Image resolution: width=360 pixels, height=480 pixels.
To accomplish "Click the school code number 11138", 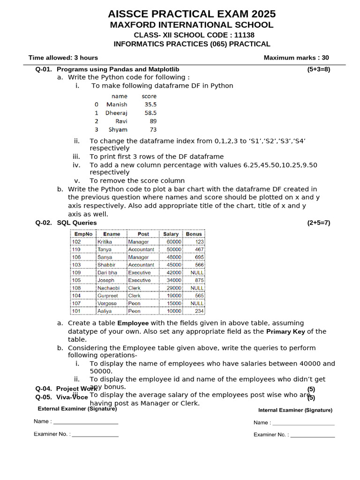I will (x=244, y=35).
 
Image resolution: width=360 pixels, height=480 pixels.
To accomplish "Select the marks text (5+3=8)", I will (x=318, y=69).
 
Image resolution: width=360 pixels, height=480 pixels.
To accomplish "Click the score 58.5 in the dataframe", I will (x=150, y=113).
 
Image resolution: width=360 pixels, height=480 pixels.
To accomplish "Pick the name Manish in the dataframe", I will (x=117, y=105).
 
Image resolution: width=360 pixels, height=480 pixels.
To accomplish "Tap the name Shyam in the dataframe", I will (x=118, y=130).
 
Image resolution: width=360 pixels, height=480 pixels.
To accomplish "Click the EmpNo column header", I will (x=83, y=234).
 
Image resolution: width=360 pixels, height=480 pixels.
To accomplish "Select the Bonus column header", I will (x=194, y=234).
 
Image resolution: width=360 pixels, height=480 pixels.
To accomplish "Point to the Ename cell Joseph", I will (x=106, y=280).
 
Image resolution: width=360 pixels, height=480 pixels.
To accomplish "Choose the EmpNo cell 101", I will (x=76, y=311).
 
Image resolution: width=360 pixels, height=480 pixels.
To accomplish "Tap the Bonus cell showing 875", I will (x=199, y=280).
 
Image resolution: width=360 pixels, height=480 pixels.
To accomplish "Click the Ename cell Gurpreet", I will (x=108, y=296).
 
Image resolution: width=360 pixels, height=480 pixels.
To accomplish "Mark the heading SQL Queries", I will (x=77, y=223).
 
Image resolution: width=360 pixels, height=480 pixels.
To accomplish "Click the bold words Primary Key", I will (x=285, y=331).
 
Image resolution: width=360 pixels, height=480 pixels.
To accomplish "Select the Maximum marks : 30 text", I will (x=296, y=58).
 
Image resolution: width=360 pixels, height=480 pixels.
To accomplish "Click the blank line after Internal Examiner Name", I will (x=303, y=423).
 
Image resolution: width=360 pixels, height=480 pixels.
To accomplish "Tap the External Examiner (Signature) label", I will (x=77, y=409).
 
